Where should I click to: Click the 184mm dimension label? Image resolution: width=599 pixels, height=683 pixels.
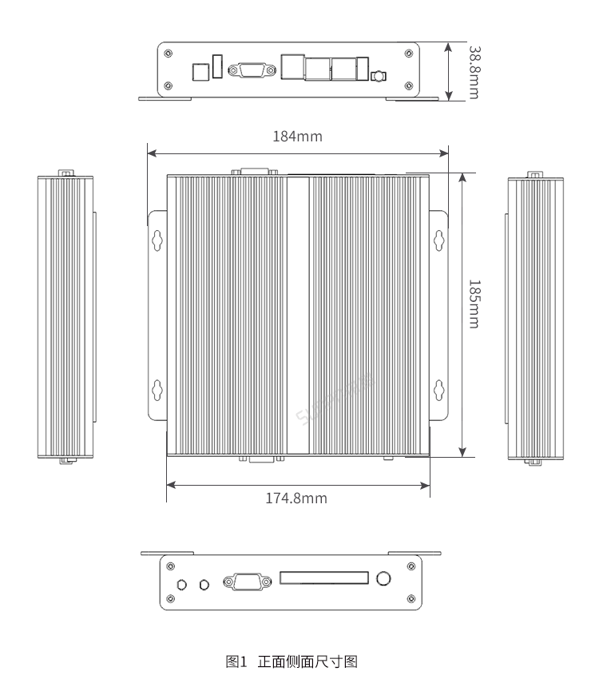point(297,136)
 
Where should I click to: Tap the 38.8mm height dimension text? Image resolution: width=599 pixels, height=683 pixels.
point(473,71)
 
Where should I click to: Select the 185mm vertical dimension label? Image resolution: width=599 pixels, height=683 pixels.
point(473,303)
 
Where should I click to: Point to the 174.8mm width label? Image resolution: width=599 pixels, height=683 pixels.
point(296,498)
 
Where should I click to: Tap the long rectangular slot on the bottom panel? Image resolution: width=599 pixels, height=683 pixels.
point(323,578)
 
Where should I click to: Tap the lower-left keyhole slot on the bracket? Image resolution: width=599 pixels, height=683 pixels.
point(157,389)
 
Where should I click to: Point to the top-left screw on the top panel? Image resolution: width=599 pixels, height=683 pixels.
point(167,54)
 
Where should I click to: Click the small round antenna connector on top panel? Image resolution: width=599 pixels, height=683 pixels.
point(378,77)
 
